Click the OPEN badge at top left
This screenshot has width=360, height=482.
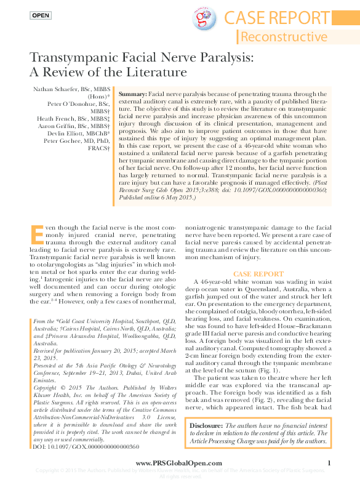pyautogui.click(x=41, y=15)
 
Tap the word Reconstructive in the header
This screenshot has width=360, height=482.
pyautogui.click(x=284, y=36)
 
